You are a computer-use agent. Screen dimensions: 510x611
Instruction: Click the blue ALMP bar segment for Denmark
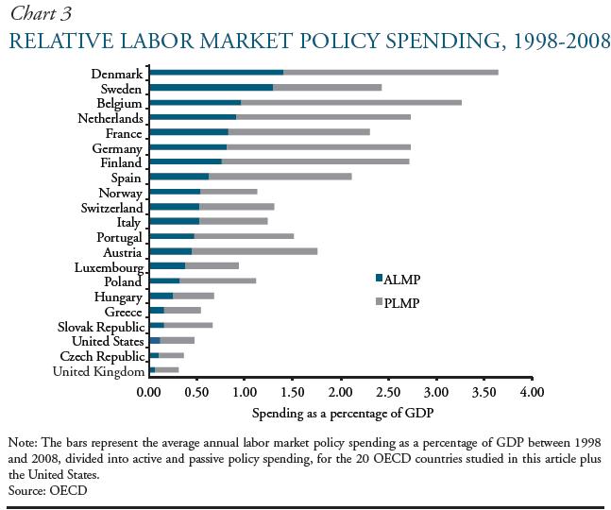216,72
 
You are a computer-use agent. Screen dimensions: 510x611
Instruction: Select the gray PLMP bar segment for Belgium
351,102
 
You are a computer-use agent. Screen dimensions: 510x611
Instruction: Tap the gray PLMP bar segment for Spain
280,177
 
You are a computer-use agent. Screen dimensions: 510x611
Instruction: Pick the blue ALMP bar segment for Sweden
211,87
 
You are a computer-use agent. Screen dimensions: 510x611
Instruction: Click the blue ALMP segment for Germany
188,147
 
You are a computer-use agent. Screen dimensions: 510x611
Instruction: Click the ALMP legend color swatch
379,278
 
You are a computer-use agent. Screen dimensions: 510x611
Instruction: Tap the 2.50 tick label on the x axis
388,391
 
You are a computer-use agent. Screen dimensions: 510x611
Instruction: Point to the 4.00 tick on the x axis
532,391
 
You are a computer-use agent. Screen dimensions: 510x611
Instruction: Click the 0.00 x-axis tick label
149,391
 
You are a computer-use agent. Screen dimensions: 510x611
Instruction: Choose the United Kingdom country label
98,372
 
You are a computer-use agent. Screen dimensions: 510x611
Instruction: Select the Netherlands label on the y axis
110,118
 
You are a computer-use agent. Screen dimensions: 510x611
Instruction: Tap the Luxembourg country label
109,267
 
